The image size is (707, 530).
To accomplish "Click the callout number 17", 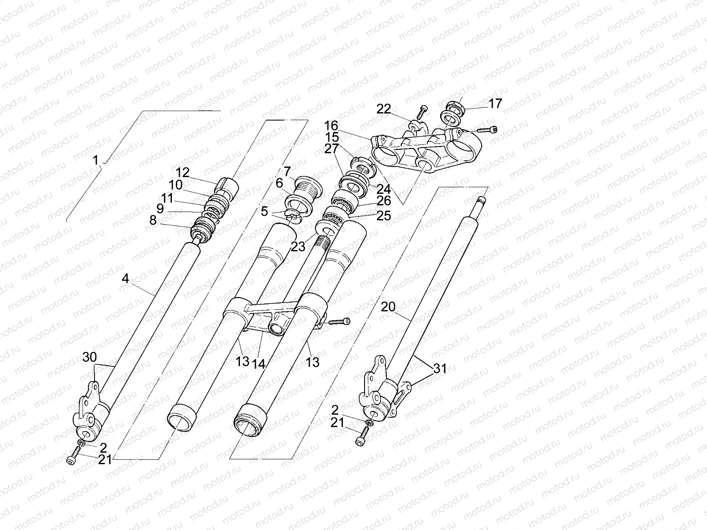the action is [x=495, y=104].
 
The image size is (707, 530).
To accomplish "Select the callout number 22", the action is [x=384, y=109].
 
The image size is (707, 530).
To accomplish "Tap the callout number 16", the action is [x=331, y=125].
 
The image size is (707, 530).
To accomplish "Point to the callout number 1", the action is [x=95, y=160].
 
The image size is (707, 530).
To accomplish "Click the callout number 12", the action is [x=182, y=173].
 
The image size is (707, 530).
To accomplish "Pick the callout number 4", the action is [x=125, y=278].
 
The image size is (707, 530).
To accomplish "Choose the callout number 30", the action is [x=90, y=357].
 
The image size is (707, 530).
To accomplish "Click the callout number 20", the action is [x=388, y=307].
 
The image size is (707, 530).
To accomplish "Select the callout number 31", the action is [x=440, y=368].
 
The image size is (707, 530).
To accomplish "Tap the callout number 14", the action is [x=258, y=364].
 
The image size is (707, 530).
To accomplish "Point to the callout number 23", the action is [x=298, y=247].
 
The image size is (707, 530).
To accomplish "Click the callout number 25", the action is [x=384, y=216].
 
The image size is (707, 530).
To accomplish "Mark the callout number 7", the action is [x=287, y=171].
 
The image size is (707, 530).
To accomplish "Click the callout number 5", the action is [x=264, y=212].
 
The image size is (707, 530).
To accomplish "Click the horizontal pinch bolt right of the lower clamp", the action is [x=339, y=321].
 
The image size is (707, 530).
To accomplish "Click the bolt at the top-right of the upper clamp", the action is [x=487, y=130].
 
